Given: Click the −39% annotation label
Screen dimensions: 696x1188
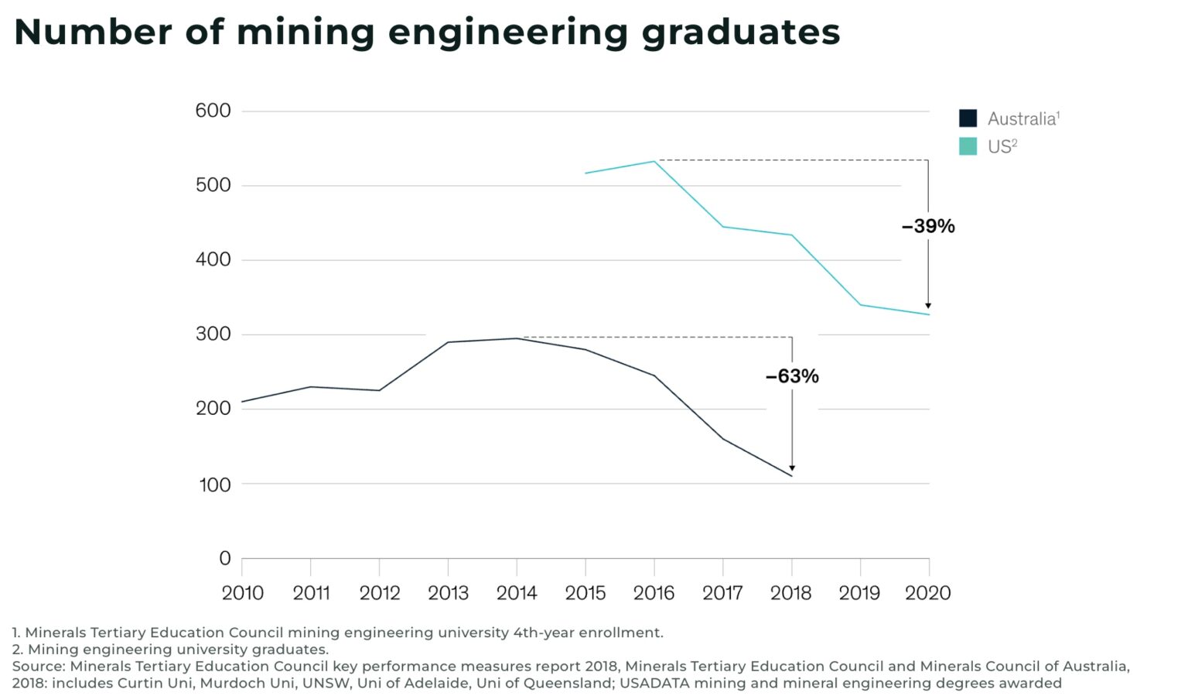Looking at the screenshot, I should click(x=927, y=226).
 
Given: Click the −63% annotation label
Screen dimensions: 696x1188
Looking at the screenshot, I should click(x=791, y=376).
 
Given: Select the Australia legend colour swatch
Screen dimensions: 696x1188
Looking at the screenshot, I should click(x=968, y=118).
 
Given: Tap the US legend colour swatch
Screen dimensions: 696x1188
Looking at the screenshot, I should click(x=968, y=146).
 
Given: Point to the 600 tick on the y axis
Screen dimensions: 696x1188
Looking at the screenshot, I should click(x=213, y=111).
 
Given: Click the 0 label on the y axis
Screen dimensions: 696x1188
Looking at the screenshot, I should click(x=224, y=558).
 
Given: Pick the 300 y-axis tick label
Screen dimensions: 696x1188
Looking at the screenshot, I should click(x=213, y=334).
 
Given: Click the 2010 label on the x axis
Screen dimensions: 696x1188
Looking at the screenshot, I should click(x=242, y=593).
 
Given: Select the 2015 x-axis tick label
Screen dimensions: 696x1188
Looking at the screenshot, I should click(x=585, y=593).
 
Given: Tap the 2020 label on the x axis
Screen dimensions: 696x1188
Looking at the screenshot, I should click(x=927, y=593).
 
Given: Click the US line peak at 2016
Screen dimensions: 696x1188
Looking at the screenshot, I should click(x=654, y=161).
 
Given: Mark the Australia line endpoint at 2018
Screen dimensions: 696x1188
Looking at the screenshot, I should click(x=792, y=475).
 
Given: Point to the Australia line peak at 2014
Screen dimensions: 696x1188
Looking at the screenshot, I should click(x=517, y=338).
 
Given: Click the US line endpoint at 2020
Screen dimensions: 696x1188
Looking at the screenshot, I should click(x=929, y=314).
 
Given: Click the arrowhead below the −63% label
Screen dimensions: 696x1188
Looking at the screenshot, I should click(x=792, y=468).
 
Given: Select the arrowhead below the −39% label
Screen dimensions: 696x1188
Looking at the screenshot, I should click(x=928, y=306).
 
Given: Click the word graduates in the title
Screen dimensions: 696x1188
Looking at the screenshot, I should click(x=740, y=33).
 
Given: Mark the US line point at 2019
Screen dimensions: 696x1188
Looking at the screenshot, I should click(x=860, y=304).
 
